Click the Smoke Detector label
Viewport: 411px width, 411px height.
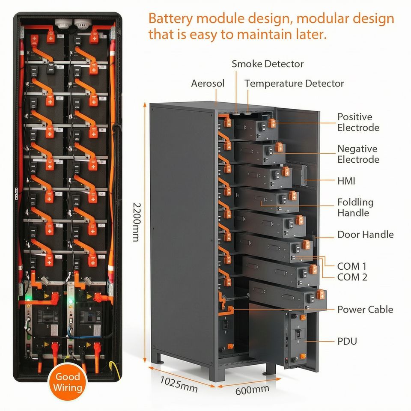tap(268, 64)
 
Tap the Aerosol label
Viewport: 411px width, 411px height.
tap(208, 83)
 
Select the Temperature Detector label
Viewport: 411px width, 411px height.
tap(294, 83)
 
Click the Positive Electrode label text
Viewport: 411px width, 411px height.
tap(358, 122)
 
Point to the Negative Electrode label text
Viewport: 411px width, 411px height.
tap(358, 154)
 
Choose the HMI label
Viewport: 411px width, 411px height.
tap(346, 181)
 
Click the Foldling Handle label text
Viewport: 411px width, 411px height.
tap(355, 207)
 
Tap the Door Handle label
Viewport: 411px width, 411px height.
tap(365, 234)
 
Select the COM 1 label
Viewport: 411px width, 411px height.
tap(352, 266)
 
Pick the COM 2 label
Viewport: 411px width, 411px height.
tap(352, 277)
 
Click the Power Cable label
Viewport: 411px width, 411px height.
tap(365, 310)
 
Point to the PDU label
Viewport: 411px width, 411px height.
tap(347, 341)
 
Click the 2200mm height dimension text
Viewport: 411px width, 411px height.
tap(136, 222)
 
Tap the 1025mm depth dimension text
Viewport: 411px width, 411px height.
tap(179, 384)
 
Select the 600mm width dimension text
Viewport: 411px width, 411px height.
tap(252, 390)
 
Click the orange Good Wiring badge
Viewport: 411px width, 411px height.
tap(68, 381)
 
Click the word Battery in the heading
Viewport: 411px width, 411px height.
tap(171, 19)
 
